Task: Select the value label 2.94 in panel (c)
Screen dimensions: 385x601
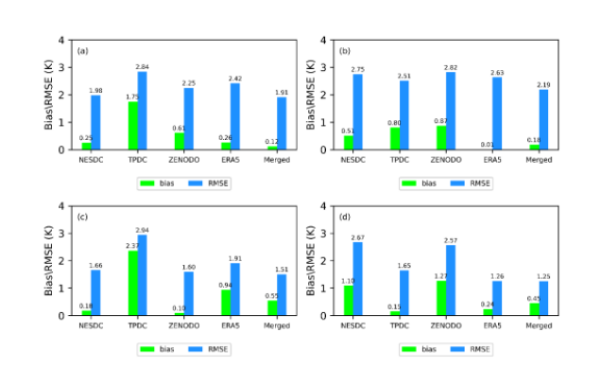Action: (143, 230)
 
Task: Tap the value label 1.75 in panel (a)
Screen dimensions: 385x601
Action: (130, 96)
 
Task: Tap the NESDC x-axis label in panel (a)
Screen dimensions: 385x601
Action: (92, 159)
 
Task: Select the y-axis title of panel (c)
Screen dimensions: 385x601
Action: (50, 260)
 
